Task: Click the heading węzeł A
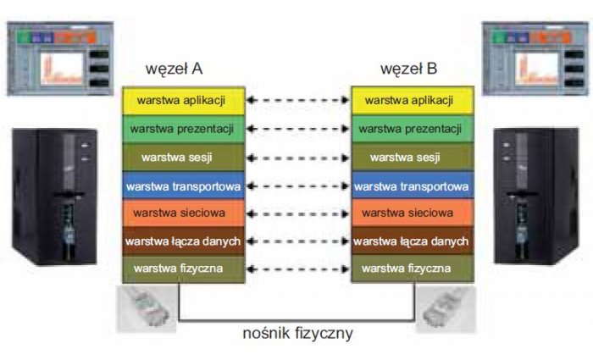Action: tap(174, 69)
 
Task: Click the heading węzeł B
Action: tap(409, 69)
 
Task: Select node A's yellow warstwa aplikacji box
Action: tap(184, 101)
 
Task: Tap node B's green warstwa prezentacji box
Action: tap(413, 129)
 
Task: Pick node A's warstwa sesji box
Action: tap(184, 158)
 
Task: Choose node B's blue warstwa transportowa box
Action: tap(413, 186)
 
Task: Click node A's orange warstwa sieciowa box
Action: tap(184, 213)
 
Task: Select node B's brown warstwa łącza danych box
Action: tap(413, 241)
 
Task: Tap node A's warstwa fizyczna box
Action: tap(184, 269)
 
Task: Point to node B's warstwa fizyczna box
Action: tap(413, 269)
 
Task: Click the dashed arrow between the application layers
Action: tap(298, 100)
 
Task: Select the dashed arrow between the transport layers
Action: tap(298, 186)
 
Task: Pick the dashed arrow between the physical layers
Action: tap(298, 269)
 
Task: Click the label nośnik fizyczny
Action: tap(298, 334)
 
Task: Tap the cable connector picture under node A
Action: tap(147, 308)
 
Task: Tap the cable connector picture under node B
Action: tap(446, 309)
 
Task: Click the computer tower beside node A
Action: tap(55, 197)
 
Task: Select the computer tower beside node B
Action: tap(536, 197)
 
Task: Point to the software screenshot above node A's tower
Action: tap(60, 58)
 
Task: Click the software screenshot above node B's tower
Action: tap(535, 58)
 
